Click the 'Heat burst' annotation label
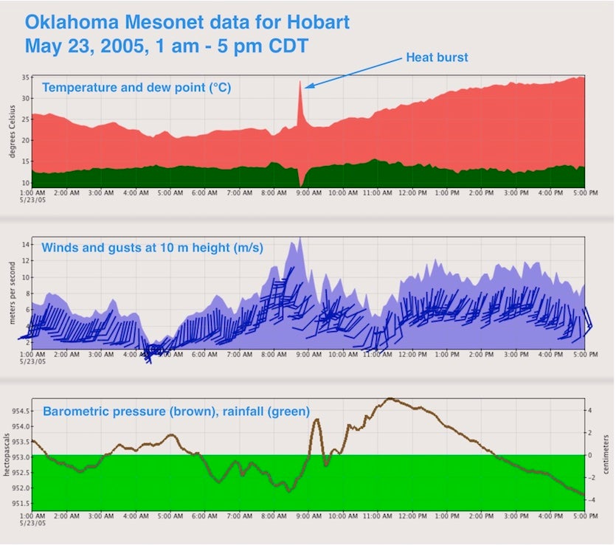(437, 58)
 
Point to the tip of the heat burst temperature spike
(300, 81)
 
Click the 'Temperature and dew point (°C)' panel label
(136, 88)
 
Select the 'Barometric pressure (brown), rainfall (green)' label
(176, 411)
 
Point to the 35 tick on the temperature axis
(25, 77)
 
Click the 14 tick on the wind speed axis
(26, 244)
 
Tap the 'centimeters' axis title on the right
(606, 455)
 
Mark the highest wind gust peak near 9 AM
(300, 238)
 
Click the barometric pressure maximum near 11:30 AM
(390, 399)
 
